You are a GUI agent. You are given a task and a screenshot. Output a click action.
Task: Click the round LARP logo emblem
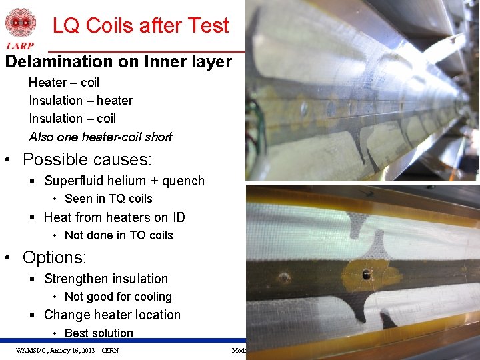coord(21,22)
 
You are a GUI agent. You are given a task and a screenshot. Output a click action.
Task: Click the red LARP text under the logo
coord(20,46)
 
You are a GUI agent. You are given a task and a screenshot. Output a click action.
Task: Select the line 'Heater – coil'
coord(64,83)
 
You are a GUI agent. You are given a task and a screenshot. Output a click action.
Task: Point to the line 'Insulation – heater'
coord(81,101)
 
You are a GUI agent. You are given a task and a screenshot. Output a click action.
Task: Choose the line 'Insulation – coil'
coord(72,119)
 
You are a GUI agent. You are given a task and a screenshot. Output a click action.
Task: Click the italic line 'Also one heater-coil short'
coord(101,137)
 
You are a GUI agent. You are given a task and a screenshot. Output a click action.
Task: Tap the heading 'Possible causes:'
coord(87,160)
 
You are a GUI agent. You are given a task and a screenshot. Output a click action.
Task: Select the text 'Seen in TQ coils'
coord(109,199)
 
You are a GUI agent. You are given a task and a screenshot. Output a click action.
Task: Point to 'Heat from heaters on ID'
coord(114,217)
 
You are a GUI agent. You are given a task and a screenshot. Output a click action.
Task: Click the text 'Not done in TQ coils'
coord(119,235)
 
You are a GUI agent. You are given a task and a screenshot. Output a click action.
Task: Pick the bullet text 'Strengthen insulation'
coord(106,279)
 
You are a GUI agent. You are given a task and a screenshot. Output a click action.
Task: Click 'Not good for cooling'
coord(118,297)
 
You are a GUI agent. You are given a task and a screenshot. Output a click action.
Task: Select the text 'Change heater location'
coord(112,315)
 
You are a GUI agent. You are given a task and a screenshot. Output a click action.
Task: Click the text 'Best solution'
coord(99,333)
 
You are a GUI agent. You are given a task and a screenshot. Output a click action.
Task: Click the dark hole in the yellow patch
coord(365,273)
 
